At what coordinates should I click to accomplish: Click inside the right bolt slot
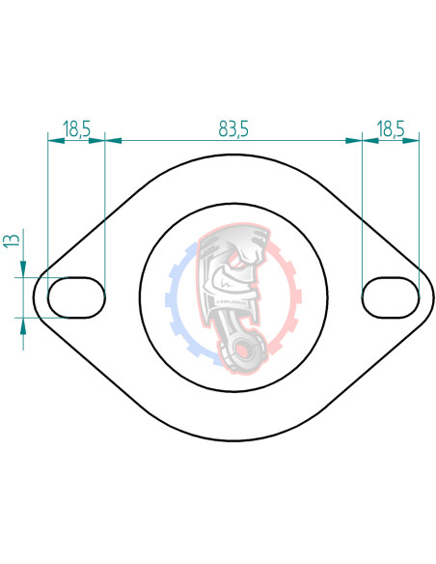391,296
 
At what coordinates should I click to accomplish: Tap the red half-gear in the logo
285,290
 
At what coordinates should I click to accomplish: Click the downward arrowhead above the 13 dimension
24,270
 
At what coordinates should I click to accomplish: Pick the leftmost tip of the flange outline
34,296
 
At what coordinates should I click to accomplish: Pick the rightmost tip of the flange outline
433,296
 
